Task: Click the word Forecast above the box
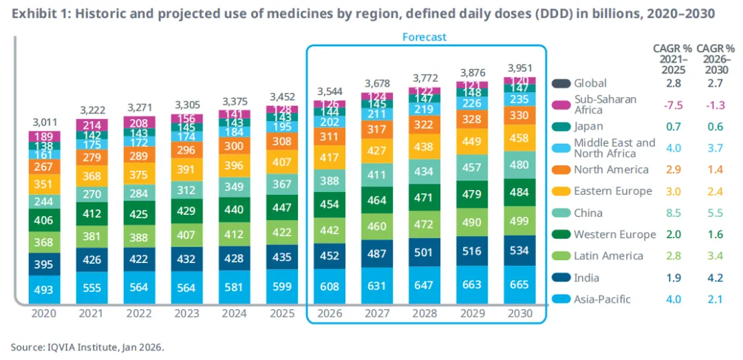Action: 424,36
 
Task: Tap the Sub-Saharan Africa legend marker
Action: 562,105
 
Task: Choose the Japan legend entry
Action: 588,126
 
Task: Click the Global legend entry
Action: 590,83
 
